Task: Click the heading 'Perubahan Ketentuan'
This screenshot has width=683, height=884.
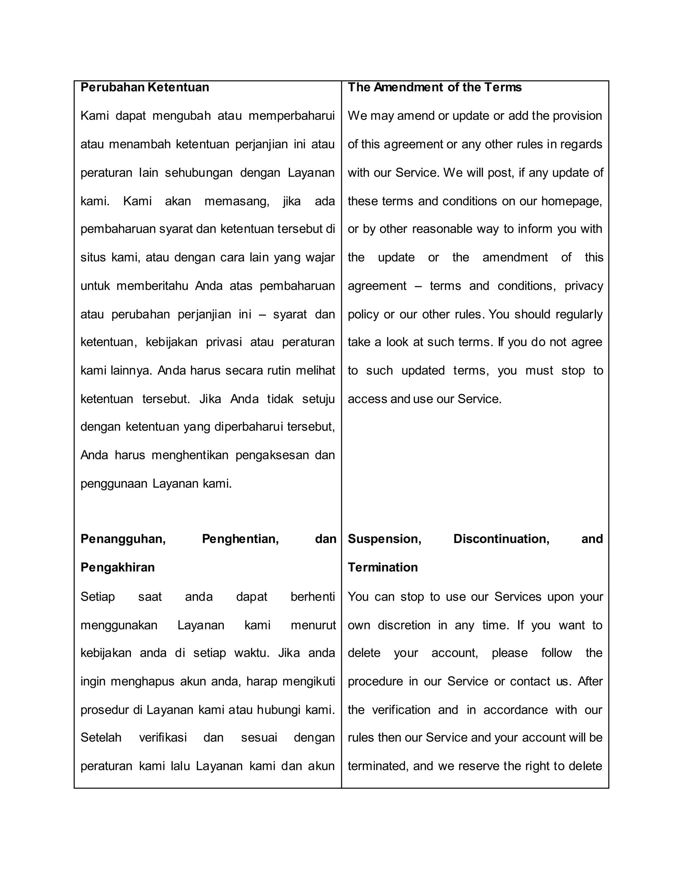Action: [144, 87]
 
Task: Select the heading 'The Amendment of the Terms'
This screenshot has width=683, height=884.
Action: [434, 87]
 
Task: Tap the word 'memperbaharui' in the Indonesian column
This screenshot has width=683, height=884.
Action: [291, 116]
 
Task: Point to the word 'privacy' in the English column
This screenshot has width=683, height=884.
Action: [584, 286]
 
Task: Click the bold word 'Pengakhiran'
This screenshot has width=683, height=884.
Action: [117, 567]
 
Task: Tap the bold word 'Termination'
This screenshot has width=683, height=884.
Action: [383, 567]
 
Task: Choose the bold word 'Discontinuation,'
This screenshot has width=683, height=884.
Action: [501, 539]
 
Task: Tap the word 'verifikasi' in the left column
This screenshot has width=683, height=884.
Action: [163, 738]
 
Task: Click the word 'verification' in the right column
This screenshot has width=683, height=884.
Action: [401, 710]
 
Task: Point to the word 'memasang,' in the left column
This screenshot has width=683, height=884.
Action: [237, 201]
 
